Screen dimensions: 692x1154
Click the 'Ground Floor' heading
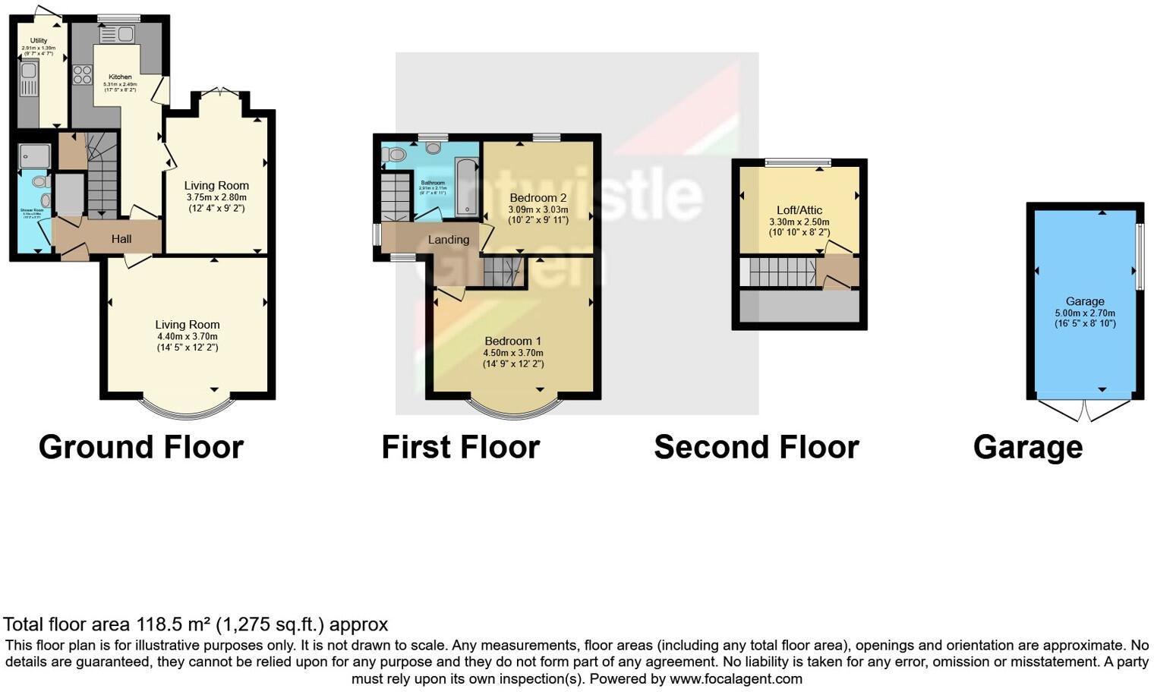(141, 447)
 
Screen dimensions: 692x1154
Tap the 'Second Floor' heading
(756, 447)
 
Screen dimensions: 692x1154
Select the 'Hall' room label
(121, 239)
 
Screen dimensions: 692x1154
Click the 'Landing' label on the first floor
(449, 240)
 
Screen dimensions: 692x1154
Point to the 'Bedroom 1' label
(513, 341)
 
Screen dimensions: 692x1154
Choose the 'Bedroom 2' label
(538, 198)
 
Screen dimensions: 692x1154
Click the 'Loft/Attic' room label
(799, 210)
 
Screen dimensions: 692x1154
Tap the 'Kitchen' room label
(120, 77)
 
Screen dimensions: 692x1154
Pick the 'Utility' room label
(39, 41)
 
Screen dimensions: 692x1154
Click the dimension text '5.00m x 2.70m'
(1085, 313)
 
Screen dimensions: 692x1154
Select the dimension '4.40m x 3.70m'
(188, 336)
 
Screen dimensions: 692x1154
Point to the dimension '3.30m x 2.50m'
(799, 222)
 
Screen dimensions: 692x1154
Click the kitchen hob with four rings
(82, 75)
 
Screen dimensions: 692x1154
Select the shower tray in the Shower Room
(34, 156)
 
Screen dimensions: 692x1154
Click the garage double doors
(1086, 410)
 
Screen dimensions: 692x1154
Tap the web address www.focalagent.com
(736, 678)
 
